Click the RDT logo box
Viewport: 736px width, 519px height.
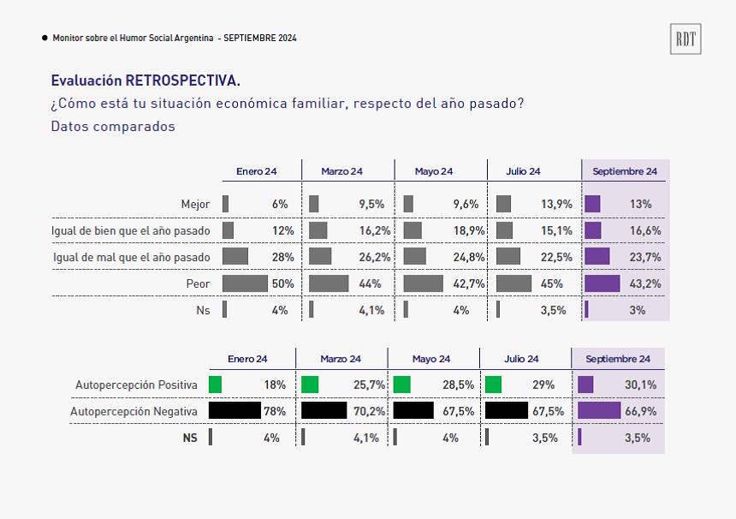pos(686,39)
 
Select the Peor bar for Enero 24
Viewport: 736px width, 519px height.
pos(245,283)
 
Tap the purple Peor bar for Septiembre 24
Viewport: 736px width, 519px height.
pos(602,283)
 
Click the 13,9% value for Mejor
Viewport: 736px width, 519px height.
pos(556,205)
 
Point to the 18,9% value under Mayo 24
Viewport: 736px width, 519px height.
pos(468,230)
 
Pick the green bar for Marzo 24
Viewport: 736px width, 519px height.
pos(310,385)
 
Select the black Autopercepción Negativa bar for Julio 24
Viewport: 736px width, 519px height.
pos(507,410)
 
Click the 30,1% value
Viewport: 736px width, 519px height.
pos(640,385)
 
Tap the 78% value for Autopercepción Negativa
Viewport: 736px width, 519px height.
pos(275,411)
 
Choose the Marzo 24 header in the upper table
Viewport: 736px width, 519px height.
pos(341,171)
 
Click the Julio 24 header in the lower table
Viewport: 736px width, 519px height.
pos(521,360)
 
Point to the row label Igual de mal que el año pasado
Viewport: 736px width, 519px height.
pos(132,258)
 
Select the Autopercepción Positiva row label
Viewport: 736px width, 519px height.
pos(136,385)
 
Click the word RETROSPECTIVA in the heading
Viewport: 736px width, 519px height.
pos(182,81)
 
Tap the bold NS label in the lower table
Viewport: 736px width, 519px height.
pos(190,438)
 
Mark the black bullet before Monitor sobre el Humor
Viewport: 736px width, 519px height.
pos(45,38)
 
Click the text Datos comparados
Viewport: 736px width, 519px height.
pos(113,127)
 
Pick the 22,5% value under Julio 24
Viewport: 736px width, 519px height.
pos(556,258)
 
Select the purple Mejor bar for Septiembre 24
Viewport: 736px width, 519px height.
pos(592,205)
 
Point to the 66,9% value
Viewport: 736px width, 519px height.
pos(640,411)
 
